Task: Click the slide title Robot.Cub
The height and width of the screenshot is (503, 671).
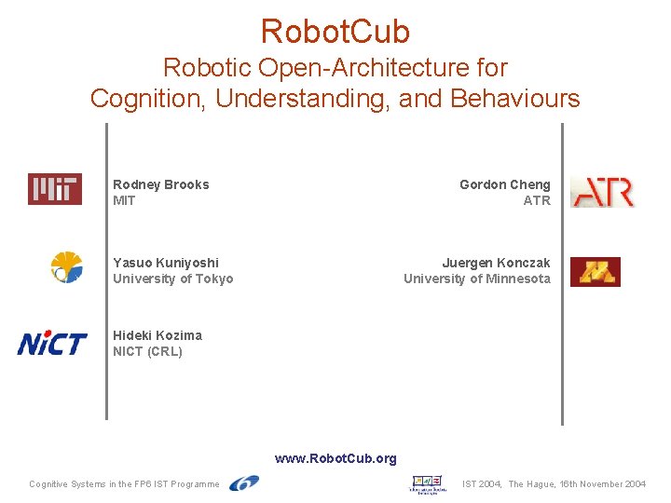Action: pos(335,32)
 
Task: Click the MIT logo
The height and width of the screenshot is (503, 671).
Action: pos(54,189)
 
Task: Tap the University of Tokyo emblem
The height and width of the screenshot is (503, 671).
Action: pos(66,267)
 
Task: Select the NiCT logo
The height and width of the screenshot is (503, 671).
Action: pos(52,344)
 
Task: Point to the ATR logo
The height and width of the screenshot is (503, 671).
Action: pos(602,192)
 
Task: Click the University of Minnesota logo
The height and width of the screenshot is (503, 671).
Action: pos(595,271)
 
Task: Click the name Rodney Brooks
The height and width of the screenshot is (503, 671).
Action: pos(161,184)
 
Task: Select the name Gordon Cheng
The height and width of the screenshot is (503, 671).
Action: pos(504,184)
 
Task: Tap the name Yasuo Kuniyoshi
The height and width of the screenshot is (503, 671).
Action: pos(166,263)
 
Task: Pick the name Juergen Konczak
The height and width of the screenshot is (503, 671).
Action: pos(496,263)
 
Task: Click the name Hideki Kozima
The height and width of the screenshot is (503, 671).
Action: pos(157,335)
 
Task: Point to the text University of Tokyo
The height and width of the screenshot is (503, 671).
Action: pos(173,279)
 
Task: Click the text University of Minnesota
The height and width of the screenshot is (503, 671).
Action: pos(476,279)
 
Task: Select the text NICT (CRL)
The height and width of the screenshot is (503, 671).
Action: pos(147,351)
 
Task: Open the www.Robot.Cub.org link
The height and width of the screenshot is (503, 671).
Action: pos(335,458)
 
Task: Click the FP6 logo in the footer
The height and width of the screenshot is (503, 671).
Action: pos(244,483)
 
